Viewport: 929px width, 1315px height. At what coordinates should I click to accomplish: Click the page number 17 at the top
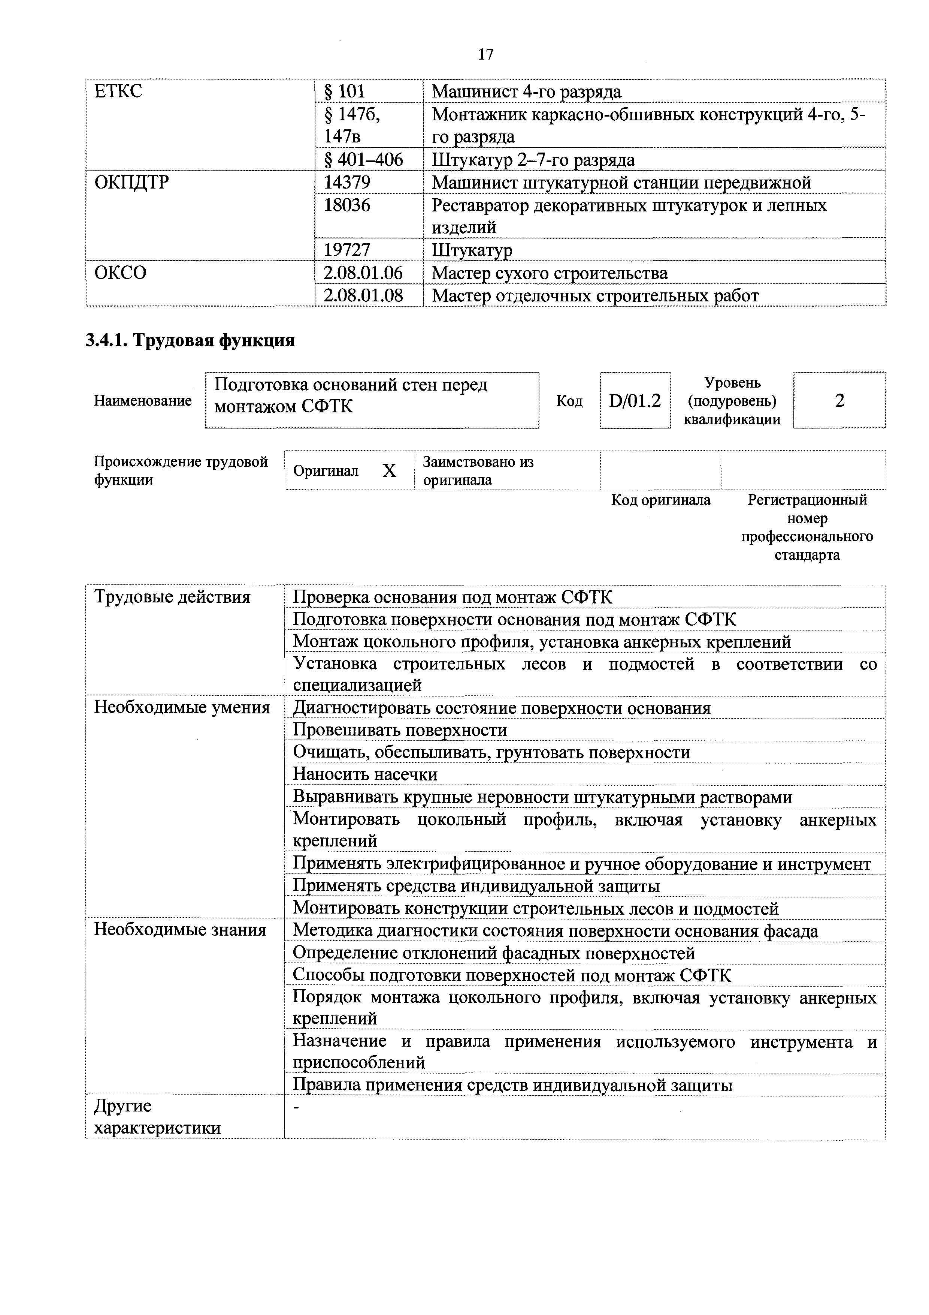[x=485, y=54]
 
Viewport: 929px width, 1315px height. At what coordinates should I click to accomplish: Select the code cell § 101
[x=345, y=91]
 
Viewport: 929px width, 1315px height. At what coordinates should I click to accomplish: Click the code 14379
[x=347, y=182]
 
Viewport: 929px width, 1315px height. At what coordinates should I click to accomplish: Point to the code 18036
[x=347, y=205]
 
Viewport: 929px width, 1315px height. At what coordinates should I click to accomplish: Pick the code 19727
[x=347, y=250]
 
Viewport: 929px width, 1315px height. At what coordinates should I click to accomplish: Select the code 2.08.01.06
[x=363, y=273]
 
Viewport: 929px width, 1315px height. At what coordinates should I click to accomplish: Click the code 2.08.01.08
[x=363, y=295]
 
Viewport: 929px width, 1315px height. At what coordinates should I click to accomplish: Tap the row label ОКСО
[x=120, y=273]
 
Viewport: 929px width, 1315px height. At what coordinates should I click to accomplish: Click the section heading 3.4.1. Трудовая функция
[x=190, y=340]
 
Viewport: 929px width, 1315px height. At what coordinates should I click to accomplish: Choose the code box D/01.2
[x=635, y=400]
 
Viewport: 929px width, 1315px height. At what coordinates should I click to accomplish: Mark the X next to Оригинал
[x=389, y=471]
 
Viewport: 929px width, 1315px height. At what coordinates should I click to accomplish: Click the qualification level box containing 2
[x=839, y=400]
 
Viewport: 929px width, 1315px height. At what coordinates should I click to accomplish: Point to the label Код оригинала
[x=660, y=500]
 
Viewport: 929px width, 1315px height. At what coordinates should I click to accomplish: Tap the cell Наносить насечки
[x=365, y=774]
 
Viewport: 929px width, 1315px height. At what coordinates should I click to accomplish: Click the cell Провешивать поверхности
[x=400, y=730]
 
